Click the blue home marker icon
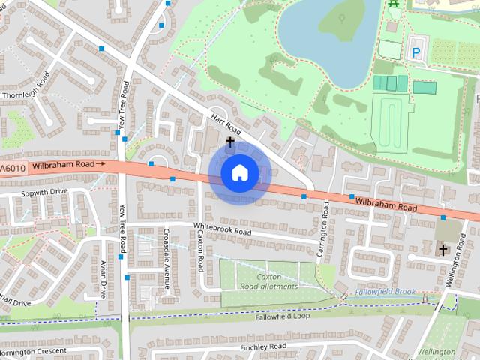pos(239,172)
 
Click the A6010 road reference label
pos(13,169)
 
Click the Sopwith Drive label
pos(43,192)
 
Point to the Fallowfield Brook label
pos(385,291)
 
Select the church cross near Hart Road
pos(230,140)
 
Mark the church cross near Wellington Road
pos(442,249)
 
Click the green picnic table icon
pos(394,4)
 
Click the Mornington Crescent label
pos(34,351)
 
